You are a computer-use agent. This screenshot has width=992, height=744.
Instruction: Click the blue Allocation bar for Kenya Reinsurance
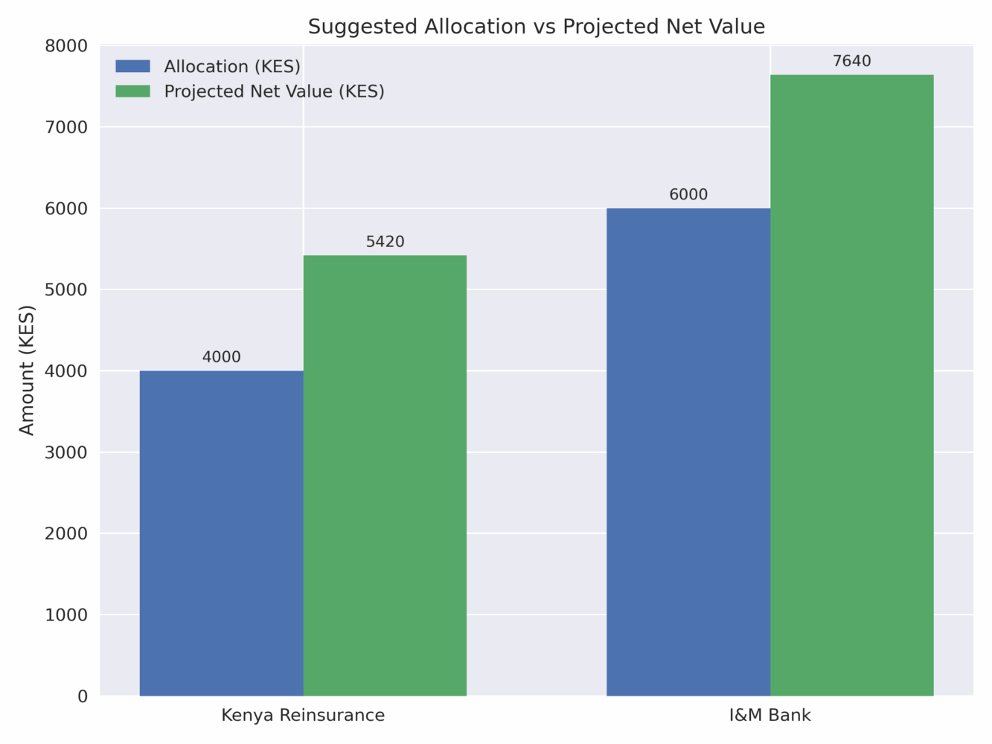(221, 533)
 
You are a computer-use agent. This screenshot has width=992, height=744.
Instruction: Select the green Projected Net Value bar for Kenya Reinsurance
(385, 475)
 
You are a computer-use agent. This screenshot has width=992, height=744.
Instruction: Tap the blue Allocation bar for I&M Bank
(688, 452)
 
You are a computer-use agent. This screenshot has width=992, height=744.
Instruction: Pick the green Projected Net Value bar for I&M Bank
(851, 385)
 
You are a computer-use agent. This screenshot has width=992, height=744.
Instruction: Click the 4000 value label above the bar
(222, 357)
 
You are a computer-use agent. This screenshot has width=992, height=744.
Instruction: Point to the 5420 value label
(385, 242)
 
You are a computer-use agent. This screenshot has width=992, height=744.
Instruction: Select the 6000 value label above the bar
(688, 195)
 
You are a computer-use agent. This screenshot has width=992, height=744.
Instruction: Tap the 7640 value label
(851, 61)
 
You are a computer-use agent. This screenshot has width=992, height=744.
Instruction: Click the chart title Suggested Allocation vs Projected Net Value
(536, 27)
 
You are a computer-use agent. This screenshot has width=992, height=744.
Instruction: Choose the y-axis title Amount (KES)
(27, 370)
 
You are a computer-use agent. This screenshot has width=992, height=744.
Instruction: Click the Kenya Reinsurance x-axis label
(303, 716)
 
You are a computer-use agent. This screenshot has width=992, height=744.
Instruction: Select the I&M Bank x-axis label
(769, 716)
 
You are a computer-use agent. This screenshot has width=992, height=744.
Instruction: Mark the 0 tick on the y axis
(82, 696)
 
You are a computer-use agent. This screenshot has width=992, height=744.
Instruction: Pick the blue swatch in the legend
(132, 66)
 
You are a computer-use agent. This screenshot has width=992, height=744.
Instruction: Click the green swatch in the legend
(132, 91)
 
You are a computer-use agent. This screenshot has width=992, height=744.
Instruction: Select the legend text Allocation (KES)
(232, 66)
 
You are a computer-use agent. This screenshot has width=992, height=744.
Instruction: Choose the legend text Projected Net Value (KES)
(274, 91)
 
